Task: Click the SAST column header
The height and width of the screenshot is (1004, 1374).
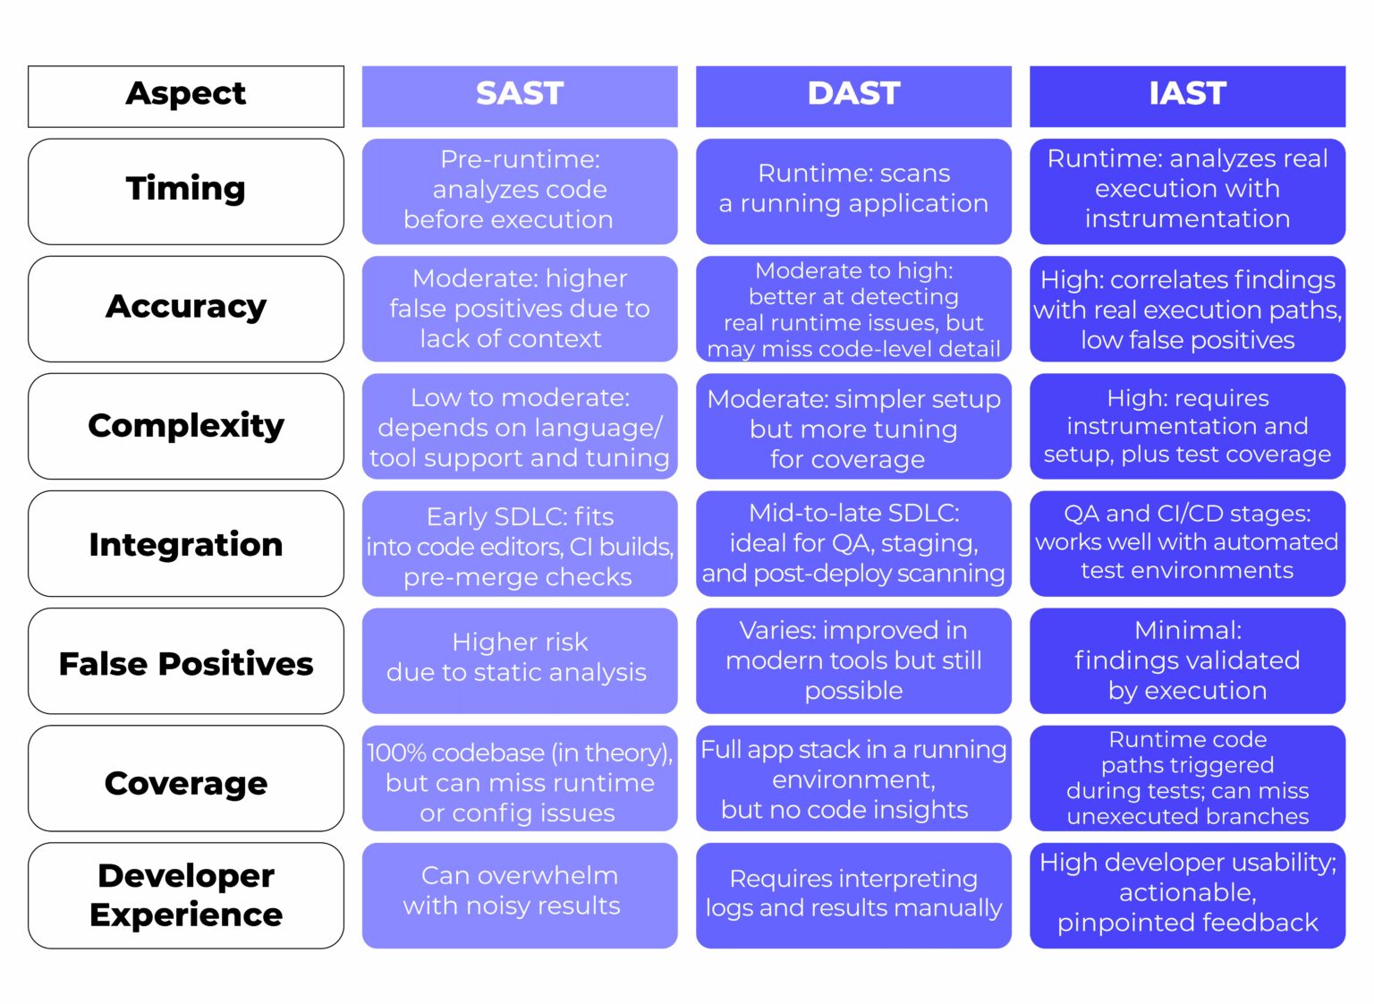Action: tap(519, 94)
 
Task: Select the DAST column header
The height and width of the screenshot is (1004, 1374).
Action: tap(853, 94)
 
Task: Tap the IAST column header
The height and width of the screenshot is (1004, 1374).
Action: tap(1187, 94)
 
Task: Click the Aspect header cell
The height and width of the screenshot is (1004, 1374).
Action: tap(186, 94)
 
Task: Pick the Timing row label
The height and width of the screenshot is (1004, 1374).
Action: tap(186, 190)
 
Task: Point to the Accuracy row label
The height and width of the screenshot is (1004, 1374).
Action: tap(186, 308)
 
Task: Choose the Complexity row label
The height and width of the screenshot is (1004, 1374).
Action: tap(186, 426)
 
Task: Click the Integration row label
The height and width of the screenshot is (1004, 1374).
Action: tap(186, 544)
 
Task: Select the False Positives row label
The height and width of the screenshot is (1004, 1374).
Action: tap(186, 663)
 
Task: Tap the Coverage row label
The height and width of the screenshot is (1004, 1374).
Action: tap(186, 782)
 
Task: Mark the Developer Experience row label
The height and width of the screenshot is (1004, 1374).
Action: tap(186, 895)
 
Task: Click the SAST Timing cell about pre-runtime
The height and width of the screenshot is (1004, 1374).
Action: tap(519, 190)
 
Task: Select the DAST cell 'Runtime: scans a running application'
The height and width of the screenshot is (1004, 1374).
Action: tap(853, 190)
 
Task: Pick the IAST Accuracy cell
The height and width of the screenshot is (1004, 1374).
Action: tap(1187, 310)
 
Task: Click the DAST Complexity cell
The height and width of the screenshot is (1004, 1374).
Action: tap(853, 428)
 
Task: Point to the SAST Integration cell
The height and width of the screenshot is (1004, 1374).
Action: tap(519, 546)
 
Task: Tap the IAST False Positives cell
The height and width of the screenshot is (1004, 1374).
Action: tap(1187, 661)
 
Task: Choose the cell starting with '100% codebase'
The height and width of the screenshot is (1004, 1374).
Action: tap(519, 780)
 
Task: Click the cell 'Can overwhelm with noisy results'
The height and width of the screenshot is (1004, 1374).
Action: tap(519, 892)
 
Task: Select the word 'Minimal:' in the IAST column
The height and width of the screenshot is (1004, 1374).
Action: tap(1187, 631)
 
